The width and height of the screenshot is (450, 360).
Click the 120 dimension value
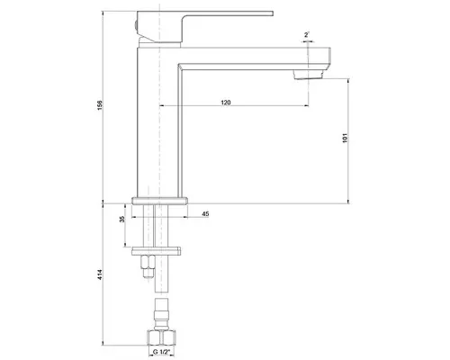coord(226,103)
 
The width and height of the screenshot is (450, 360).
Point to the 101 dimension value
coord(345,138)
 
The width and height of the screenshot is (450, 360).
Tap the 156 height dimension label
coord(100,105)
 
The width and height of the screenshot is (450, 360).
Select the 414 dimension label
coord(100,274)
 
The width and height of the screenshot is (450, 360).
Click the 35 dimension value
coord(122,220)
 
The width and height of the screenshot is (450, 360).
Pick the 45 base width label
coord(205,214)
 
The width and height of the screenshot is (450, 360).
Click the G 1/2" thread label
coord(161,352)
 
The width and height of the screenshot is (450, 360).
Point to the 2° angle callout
coord(306,35)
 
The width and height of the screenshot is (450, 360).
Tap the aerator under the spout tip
coord(309,75)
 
